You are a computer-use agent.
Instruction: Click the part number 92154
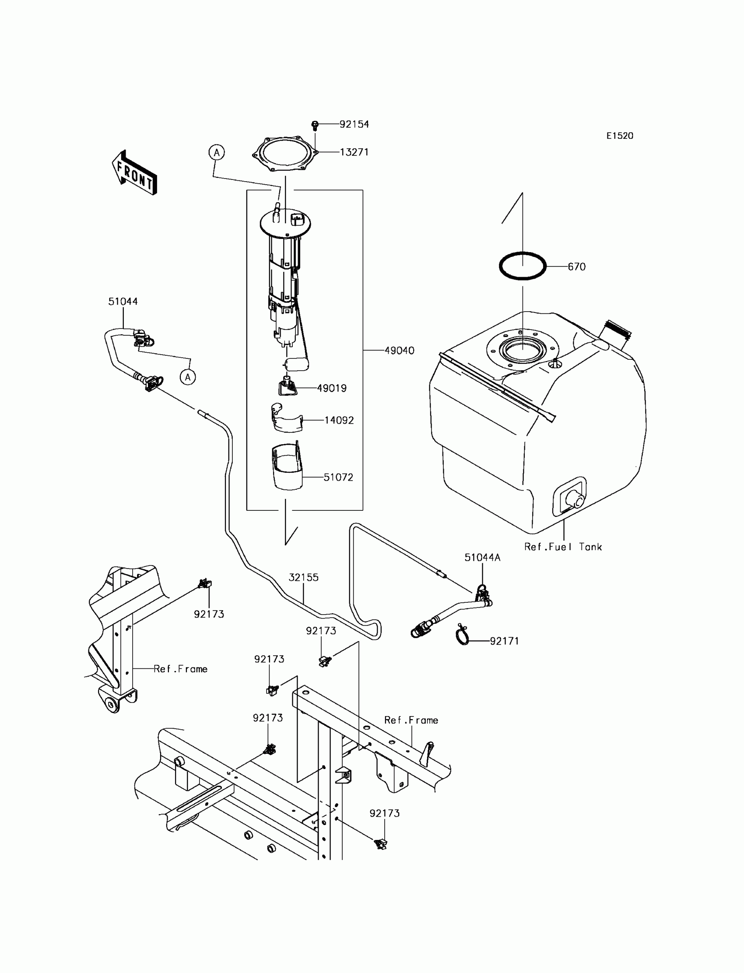pos(354,124)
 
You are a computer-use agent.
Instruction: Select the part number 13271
pos(354,152)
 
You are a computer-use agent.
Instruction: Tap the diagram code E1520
pos(620,136)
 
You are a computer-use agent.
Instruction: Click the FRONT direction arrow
pos(134,173)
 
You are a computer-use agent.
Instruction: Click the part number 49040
pos(399,351)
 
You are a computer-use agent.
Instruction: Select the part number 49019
pos(332,388)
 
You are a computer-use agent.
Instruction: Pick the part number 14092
pos(339,420)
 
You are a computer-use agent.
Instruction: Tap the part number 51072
pos(338,478)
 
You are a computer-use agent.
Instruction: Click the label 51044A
pos(482,558)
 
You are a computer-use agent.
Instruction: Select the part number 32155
pos(303,577)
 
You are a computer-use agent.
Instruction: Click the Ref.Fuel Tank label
pos(563,547)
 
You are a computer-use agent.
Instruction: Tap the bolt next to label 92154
pos(315,125)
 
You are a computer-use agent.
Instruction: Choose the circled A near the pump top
pos(217,153)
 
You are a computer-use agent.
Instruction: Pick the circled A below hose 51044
pos(188,377)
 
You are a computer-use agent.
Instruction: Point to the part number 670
pos(577,267)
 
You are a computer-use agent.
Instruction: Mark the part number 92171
pos(504,641)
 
